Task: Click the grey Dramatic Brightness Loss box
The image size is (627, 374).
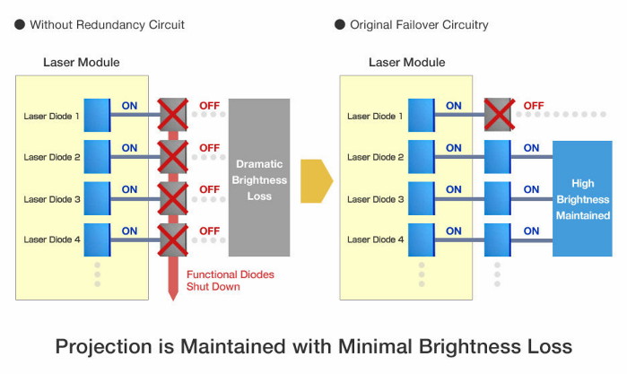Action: coord(259,177)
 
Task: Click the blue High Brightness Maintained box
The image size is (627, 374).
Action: coord(581,198)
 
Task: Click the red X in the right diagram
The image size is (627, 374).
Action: coord(499,115)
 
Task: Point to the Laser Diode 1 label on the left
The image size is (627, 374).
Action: coord(52,116)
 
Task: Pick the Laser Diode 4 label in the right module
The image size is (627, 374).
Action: coord(376,239)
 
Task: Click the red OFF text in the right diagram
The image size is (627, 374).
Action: coord(534,106)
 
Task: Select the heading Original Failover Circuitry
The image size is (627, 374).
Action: coord(417,25)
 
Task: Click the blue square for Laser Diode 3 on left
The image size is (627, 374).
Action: coord(97,198)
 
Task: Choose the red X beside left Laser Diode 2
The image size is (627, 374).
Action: coord(173,157)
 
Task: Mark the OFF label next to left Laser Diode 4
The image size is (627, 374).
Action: coord(209,230)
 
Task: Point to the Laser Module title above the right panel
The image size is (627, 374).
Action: coord(406,63)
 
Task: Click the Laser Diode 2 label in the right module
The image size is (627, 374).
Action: coord(376,157)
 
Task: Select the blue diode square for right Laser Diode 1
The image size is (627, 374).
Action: coord(421,115)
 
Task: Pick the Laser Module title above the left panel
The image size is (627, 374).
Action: coord(81,63)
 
